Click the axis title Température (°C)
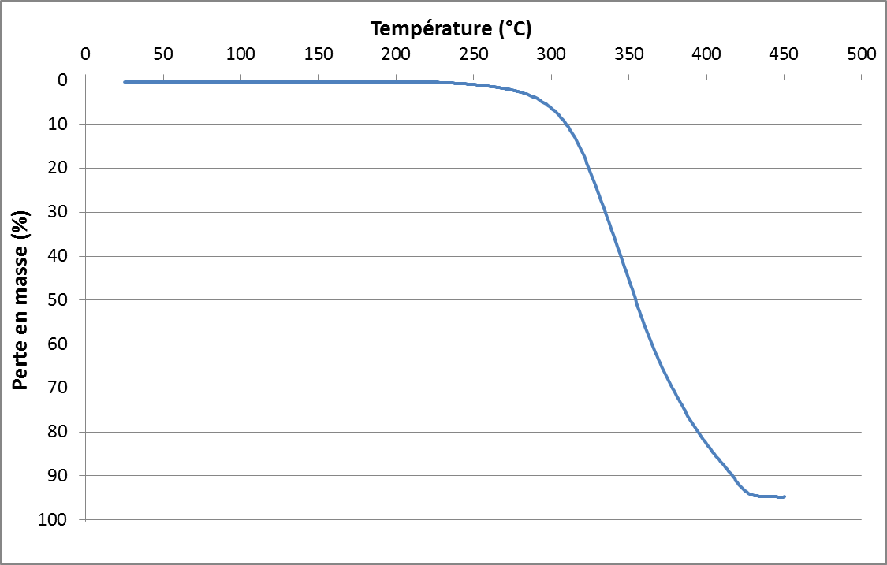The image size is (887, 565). pyautogui.click(x=451, y=29)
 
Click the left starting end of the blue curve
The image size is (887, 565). pyautogui.click(x=125, y=81)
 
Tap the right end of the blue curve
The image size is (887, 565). pyautogui.click(x=785, y=496)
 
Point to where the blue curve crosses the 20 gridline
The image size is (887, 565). pyautogui.click(x=587, y=168)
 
